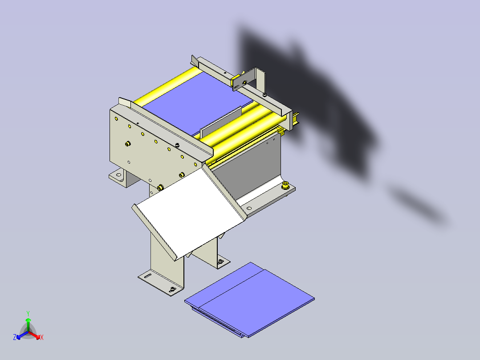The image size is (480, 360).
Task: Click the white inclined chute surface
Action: (187, 214)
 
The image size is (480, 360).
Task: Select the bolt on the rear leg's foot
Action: (220, 262)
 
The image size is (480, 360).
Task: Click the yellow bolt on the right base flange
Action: (286, 185)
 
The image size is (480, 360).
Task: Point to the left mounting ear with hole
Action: (118, 176)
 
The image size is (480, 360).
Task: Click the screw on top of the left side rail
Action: (177, 144)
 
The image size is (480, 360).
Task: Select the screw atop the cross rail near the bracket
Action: (265, 94)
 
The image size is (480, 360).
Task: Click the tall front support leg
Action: (167, 258)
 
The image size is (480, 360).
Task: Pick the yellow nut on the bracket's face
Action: (244, 82)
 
